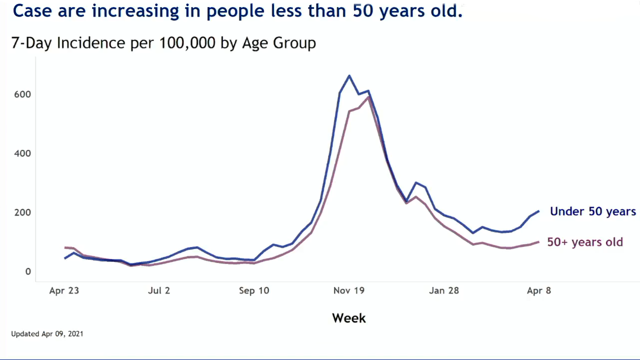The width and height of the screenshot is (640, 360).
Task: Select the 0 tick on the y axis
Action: (x=28, y=271)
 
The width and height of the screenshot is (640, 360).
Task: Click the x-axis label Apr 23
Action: (x=64, y=291)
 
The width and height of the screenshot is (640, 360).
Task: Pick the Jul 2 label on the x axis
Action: (x=159, y=291)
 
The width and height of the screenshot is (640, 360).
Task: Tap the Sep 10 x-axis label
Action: (x=254, y=291)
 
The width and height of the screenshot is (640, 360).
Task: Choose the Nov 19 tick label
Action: (x=349, y=291)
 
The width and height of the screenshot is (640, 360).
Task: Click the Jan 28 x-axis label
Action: (x=444, y=291)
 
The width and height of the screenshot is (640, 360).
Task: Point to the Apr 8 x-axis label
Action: (x=539, y=291)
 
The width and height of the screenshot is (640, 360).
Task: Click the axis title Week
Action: (x=349, y=318)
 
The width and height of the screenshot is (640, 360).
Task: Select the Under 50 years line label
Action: (x=593, y=211)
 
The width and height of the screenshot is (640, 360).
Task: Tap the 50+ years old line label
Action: (x=585, y=242)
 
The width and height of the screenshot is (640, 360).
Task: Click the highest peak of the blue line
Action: (x=349, y=76)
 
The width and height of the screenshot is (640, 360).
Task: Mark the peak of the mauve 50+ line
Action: (x=368, y=97)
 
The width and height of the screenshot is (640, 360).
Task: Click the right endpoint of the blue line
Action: (x=538, y=211)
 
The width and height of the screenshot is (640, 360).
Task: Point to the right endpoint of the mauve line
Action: (x=538, y=242)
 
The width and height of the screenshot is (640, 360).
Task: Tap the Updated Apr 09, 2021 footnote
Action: (x=47, y=333)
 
